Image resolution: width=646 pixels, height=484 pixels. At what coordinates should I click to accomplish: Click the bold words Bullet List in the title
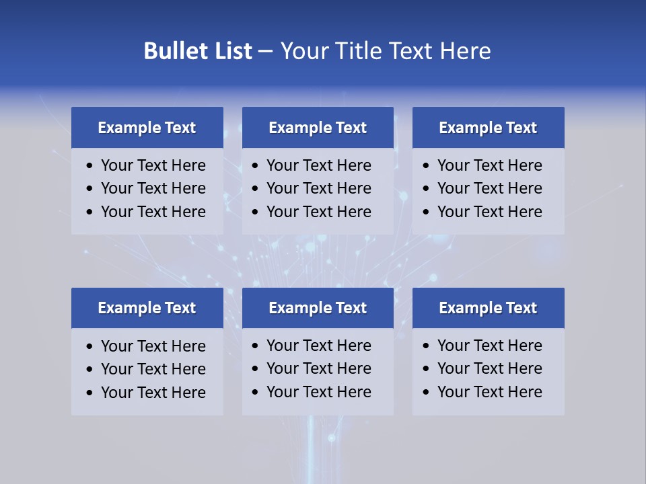coord(198,51)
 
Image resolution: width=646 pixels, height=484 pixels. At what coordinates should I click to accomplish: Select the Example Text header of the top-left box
coord(147,128)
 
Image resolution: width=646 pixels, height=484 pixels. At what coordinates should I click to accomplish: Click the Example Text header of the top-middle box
coord(318,128)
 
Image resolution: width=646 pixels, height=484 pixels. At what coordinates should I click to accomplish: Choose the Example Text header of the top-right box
coord(488,128)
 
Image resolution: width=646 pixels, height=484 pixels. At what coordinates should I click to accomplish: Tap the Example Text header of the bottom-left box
coord(147,308)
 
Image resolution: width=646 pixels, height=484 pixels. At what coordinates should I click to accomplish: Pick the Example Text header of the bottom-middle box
coord(318,308)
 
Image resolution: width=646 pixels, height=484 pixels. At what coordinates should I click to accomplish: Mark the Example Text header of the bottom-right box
coord(488,308)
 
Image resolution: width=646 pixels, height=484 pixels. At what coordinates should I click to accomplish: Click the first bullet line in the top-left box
coord(153,165)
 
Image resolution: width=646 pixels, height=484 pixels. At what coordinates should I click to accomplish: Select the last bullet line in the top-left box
coord(153,212)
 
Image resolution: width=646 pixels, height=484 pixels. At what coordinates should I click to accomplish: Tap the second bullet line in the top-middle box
coord(318,188)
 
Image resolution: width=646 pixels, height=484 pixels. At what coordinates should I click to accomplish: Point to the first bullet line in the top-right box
coord(489,165)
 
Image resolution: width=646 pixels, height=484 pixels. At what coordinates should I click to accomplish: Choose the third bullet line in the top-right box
coord(489,212)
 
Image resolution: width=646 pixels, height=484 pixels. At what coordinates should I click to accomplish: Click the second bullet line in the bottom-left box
coord(153,369)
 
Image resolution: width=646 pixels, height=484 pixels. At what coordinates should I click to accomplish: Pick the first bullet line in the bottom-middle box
coord(318,346)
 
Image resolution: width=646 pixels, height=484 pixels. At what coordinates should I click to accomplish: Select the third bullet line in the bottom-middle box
coord(318,392)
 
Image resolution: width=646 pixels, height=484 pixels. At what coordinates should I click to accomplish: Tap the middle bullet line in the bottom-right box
coord(489,368)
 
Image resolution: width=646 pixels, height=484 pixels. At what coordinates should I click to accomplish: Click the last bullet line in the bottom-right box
coord(489,392)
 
